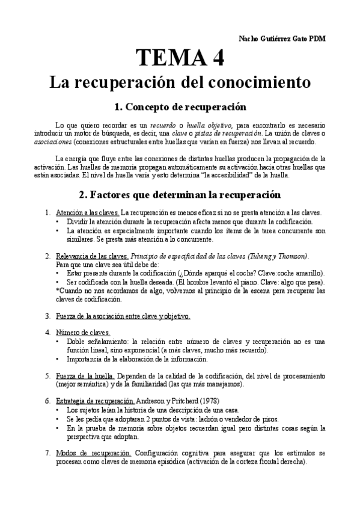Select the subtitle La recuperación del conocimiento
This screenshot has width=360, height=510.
pyautogui.click(x=180, y=81)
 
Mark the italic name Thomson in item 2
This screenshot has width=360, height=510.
pyautogui.click(x=291, y=256)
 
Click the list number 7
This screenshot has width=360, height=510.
pyautogui.click(x=48, y=452)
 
